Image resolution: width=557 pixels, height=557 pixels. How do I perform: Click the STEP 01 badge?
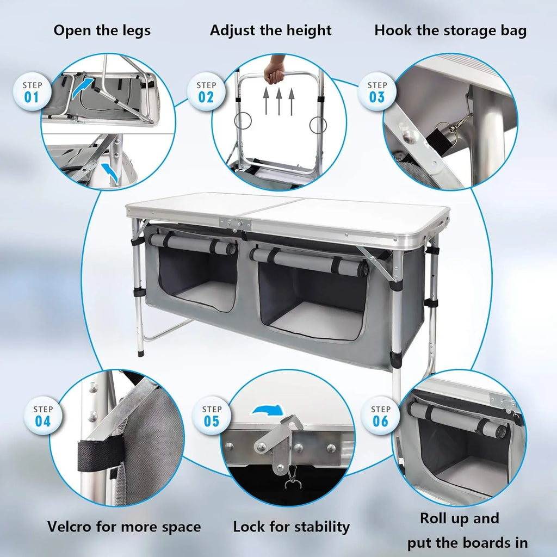click(x=32, y=91)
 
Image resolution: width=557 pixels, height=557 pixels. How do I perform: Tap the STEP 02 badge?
click(x=206, y=91)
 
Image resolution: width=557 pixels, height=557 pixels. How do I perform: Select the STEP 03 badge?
click(x=377, y=91)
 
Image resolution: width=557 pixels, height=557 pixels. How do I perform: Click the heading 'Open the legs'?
click(x=102, y=30)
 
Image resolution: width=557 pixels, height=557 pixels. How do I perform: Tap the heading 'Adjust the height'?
click(x=270, y=30)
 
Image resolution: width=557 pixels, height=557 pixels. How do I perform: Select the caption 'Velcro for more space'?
click(x=124, y=527)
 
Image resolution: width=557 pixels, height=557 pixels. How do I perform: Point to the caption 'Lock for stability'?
click(x=291, y=527)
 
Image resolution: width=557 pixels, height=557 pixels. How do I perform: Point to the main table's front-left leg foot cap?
click(x=142, y=352)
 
